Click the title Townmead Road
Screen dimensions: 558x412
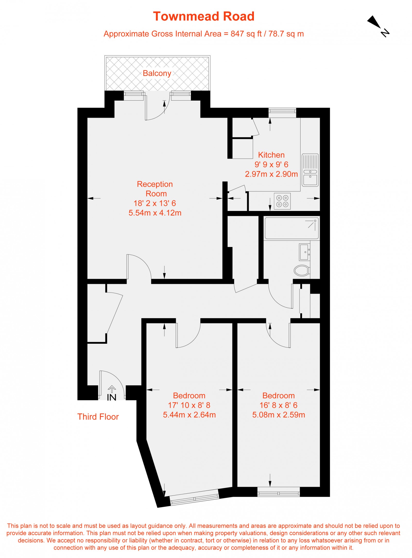(203, 16)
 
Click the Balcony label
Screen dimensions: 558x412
(157, 73)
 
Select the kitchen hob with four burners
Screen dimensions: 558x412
(282, 201)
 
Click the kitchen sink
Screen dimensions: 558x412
(310, 170)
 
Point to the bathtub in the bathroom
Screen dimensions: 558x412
(291, 228)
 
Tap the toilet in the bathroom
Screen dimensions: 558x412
(302, 270)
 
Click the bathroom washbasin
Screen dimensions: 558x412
(305, 252)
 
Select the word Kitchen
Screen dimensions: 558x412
(271, 155)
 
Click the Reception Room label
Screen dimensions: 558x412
(155, 189)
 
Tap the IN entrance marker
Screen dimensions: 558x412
(111, 397)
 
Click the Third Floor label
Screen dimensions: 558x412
(98, 417)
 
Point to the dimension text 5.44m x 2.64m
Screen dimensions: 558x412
(189, 415)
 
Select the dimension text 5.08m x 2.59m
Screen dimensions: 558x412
(279, 415)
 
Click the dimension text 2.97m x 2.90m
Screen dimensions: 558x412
(271, 174)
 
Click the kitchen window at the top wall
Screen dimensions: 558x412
(282, 111)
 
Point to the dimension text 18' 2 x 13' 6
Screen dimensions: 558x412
(154, 203)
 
